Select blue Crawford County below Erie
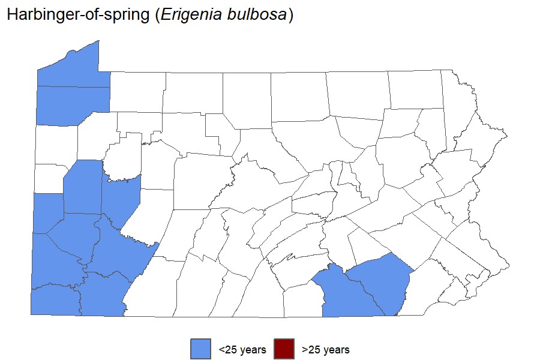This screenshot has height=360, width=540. (73, 106)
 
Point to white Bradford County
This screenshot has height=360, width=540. (357, 93)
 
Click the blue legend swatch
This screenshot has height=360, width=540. (200, 349)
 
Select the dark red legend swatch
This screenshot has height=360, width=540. (284, 349)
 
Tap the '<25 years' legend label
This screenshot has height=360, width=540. (242, 350)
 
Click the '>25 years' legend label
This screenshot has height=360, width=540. (326, 350)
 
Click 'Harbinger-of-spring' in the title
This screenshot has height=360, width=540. (78, 16)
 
